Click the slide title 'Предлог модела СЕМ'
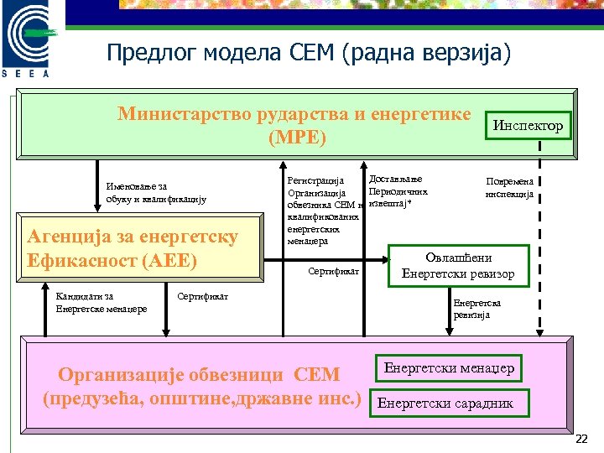(308, 54)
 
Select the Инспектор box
(528, 126)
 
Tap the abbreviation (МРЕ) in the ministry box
(296, 137)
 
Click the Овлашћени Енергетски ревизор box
(458, 266)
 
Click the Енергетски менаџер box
(449, 368)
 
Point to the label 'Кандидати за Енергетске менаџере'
(101, 302)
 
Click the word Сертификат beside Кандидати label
(204, 296)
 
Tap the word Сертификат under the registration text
(334, 272)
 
